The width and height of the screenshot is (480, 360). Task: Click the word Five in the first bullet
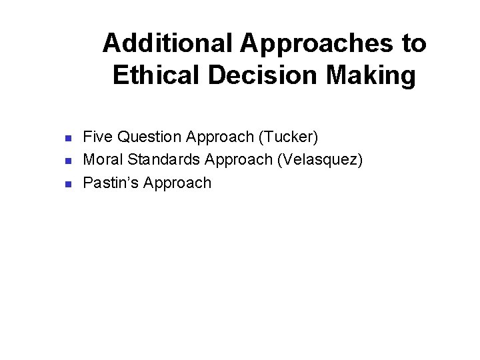(97, 137)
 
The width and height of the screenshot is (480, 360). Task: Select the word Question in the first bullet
(150, 137)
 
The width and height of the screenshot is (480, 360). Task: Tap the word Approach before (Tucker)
(220, 137)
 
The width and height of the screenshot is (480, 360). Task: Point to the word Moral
(102, 160)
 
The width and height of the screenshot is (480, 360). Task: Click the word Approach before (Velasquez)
(240, 160)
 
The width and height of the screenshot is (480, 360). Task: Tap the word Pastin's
(110, 183)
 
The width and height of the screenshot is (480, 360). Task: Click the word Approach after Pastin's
(177, 183)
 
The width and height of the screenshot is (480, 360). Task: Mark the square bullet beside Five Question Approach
(67, 139)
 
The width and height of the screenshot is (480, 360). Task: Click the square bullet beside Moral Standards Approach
(67, 161)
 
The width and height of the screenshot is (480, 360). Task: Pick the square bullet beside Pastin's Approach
(67, 184)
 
